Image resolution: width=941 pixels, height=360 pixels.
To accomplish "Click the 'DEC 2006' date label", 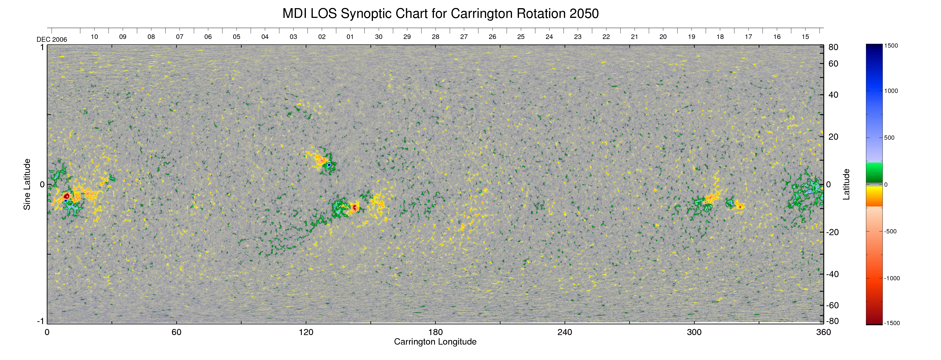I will (52, 39).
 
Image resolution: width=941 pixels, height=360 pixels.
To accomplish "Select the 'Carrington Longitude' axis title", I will (435, 342).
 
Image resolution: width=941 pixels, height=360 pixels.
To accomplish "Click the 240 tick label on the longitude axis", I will (565, 332).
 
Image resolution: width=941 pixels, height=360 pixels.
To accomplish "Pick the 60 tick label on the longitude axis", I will (176, 332).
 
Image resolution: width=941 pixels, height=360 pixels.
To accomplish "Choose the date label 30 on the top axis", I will (378, 37).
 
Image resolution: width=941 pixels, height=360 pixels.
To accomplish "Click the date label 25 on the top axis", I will (521, 37).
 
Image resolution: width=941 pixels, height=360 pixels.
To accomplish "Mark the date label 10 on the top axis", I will (94, 37).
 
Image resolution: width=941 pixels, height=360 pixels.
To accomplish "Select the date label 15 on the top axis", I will (805, 37).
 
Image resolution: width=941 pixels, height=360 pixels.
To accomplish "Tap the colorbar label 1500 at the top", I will (891, 46).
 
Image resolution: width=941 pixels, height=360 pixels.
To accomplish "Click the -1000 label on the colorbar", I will (892, 278).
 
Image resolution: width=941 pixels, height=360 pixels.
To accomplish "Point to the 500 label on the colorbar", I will (889, 138).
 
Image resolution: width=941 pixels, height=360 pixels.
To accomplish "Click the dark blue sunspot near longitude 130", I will (329, 165).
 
